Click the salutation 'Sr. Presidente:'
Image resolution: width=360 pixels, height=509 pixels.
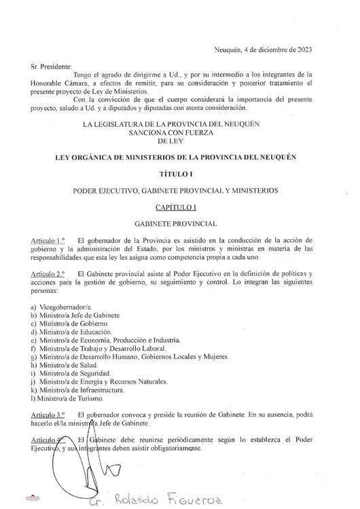click(51, 67)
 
